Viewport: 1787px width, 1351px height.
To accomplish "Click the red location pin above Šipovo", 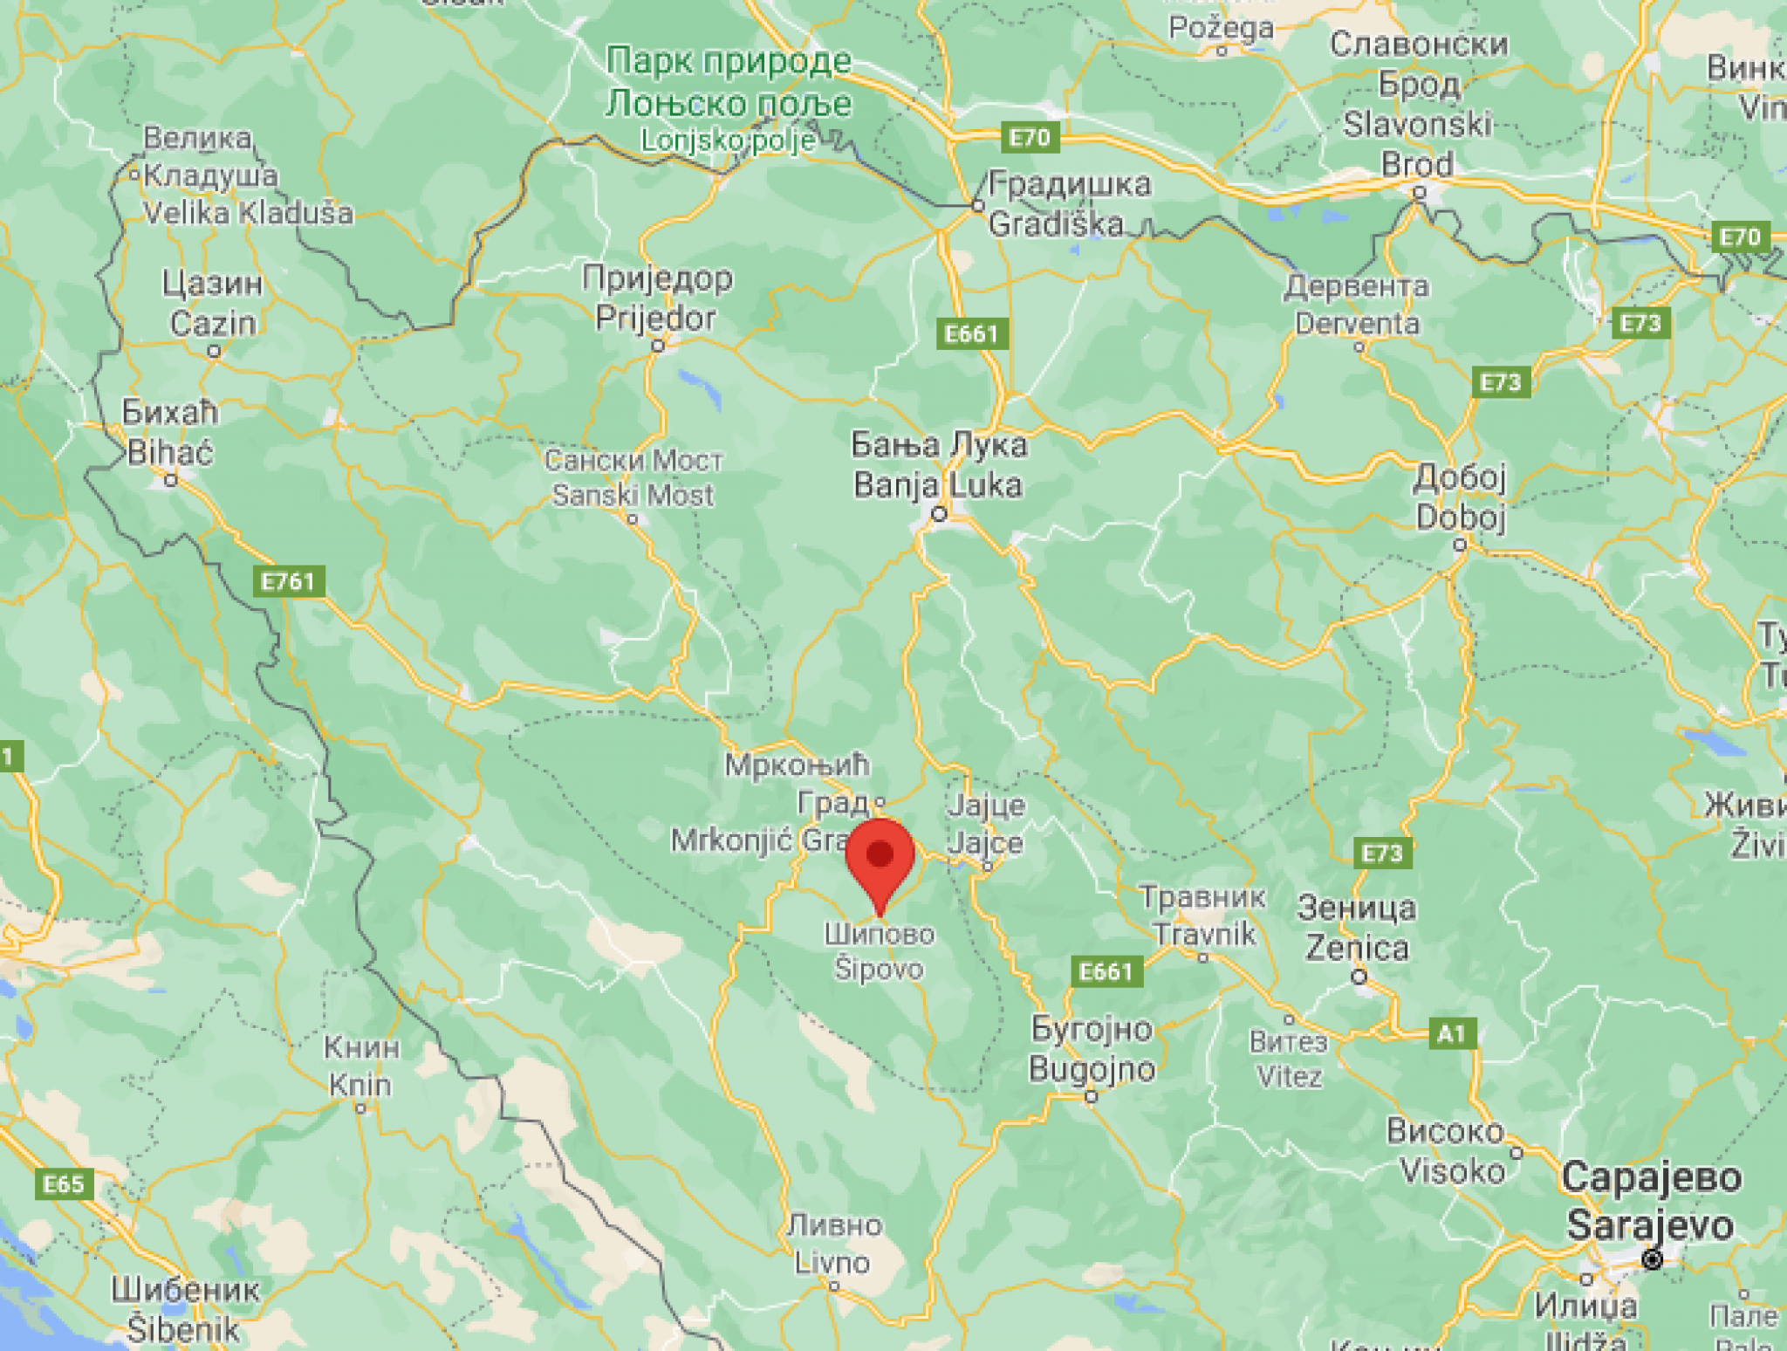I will [x=880, y=860].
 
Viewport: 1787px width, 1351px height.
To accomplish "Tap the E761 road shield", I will [x=289, y=581].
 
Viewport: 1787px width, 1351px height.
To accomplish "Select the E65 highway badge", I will [x=64, y=1184].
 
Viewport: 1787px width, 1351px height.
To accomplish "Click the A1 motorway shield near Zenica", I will [x=1451, y=1034].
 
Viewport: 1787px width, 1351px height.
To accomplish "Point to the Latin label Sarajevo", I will [x=1649, y=1225].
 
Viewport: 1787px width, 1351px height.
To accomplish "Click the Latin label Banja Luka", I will [x=937, y=484].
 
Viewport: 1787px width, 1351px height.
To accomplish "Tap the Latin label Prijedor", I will [x=655, y=318].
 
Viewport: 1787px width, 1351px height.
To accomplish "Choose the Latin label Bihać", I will [x=169, y=452].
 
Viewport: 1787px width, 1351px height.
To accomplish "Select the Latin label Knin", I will [x=360, y=1085].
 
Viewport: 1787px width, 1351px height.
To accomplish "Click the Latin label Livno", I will [x=832, y=1262].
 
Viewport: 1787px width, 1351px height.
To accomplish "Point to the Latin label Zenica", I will [x=1357, y=948].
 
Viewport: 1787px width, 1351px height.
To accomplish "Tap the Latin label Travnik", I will [x=1204, y=934].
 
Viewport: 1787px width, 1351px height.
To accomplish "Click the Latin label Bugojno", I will [x=1092, y=1069].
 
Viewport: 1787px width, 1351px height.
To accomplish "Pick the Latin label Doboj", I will [x=1460, y=517].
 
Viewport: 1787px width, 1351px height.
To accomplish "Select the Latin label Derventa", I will [x=1357, y=324].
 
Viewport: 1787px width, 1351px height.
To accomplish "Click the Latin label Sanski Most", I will [x=633, y=496].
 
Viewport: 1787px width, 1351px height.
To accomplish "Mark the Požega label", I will [x=1221, y=28].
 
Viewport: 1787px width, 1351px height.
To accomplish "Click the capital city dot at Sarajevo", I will [x=1652, y=1259].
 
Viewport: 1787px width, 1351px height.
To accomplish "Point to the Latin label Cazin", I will [x=213, y=324].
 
